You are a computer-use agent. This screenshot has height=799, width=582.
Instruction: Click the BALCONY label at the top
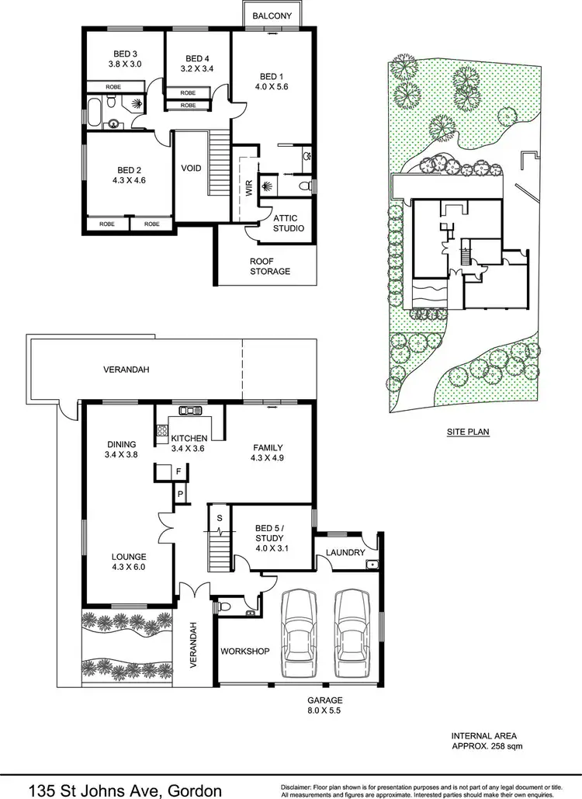(x=272, y=16)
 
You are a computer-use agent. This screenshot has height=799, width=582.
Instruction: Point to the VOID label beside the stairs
(x=191, y=168)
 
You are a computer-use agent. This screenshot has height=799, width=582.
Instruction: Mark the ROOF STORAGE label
(x=269, y=266)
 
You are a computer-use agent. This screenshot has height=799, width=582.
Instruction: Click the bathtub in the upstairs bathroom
(x=93, y=113)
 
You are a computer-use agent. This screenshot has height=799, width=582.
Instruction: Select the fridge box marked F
(x=178, y=471)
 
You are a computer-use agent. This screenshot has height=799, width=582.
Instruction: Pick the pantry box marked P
(x=180, y=493)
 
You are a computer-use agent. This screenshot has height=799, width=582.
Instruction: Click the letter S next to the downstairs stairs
(x=220, y=517)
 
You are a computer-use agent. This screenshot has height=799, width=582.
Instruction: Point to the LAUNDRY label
(x=346, y=552)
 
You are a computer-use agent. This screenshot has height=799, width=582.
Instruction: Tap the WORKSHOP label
(x=244, y=651)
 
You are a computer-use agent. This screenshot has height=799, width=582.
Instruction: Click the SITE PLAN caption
(x=467, y=432)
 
